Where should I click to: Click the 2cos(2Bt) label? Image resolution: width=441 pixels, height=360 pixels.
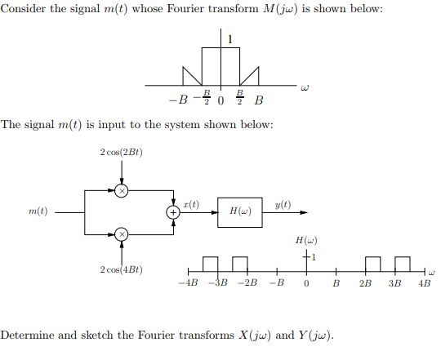[121, 153]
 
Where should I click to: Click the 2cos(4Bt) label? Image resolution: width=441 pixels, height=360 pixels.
[121, 269]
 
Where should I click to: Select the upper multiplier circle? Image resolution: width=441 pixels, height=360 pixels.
[122, 189]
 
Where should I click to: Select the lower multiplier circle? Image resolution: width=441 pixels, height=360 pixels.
[122, 234]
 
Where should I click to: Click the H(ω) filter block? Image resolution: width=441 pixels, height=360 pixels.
[240, 211]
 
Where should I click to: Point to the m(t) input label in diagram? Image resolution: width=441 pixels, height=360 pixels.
[37, 211]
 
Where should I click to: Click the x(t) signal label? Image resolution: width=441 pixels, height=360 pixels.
[190, 202]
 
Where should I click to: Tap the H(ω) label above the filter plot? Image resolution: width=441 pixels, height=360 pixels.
[305, 241]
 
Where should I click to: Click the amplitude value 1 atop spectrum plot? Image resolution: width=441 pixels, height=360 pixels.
[230, 38]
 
